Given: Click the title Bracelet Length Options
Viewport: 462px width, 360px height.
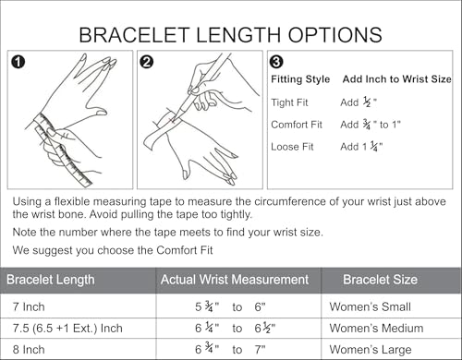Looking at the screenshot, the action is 230,34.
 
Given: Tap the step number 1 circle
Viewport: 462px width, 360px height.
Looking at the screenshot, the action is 17,63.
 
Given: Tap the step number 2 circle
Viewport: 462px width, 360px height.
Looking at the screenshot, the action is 147,63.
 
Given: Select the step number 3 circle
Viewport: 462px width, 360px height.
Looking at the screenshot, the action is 277,63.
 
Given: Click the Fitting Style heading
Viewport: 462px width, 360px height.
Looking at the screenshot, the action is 300,79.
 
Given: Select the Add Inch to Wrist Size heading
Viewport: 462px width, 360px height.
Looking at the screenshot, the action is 396,79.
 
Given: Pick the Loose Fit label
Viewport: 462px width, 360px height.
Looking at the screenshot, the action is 293,146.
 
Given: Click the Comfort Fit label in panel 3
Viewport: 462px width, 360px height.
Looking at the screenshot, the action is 298,124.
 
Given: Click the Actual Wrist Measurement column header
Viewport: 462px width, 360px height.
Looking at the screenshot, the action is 235,280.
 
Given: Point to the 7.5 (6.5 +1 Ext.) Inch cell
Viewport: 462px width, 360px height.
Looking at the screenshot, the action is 67,329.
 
